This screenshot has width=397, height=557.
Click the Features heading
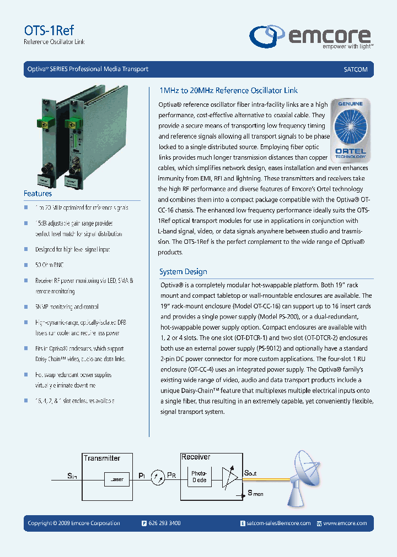click(37, 194)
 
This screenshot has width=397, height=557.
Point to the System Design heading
click(183, 271)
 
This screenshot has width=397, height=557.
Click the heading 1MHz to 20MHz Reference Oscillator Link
click(228, 90)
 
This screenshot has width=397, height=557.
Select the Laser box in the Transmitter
click(117, 479)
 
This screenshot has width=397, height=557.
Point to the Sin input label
click(72, 475)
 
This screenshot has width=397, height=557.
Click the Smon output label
click(255, 493)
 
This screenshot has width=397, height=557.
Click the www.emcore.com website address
click(345, 523)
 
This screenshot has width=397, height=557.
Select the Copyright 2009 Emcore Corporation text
click(74, 523)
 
